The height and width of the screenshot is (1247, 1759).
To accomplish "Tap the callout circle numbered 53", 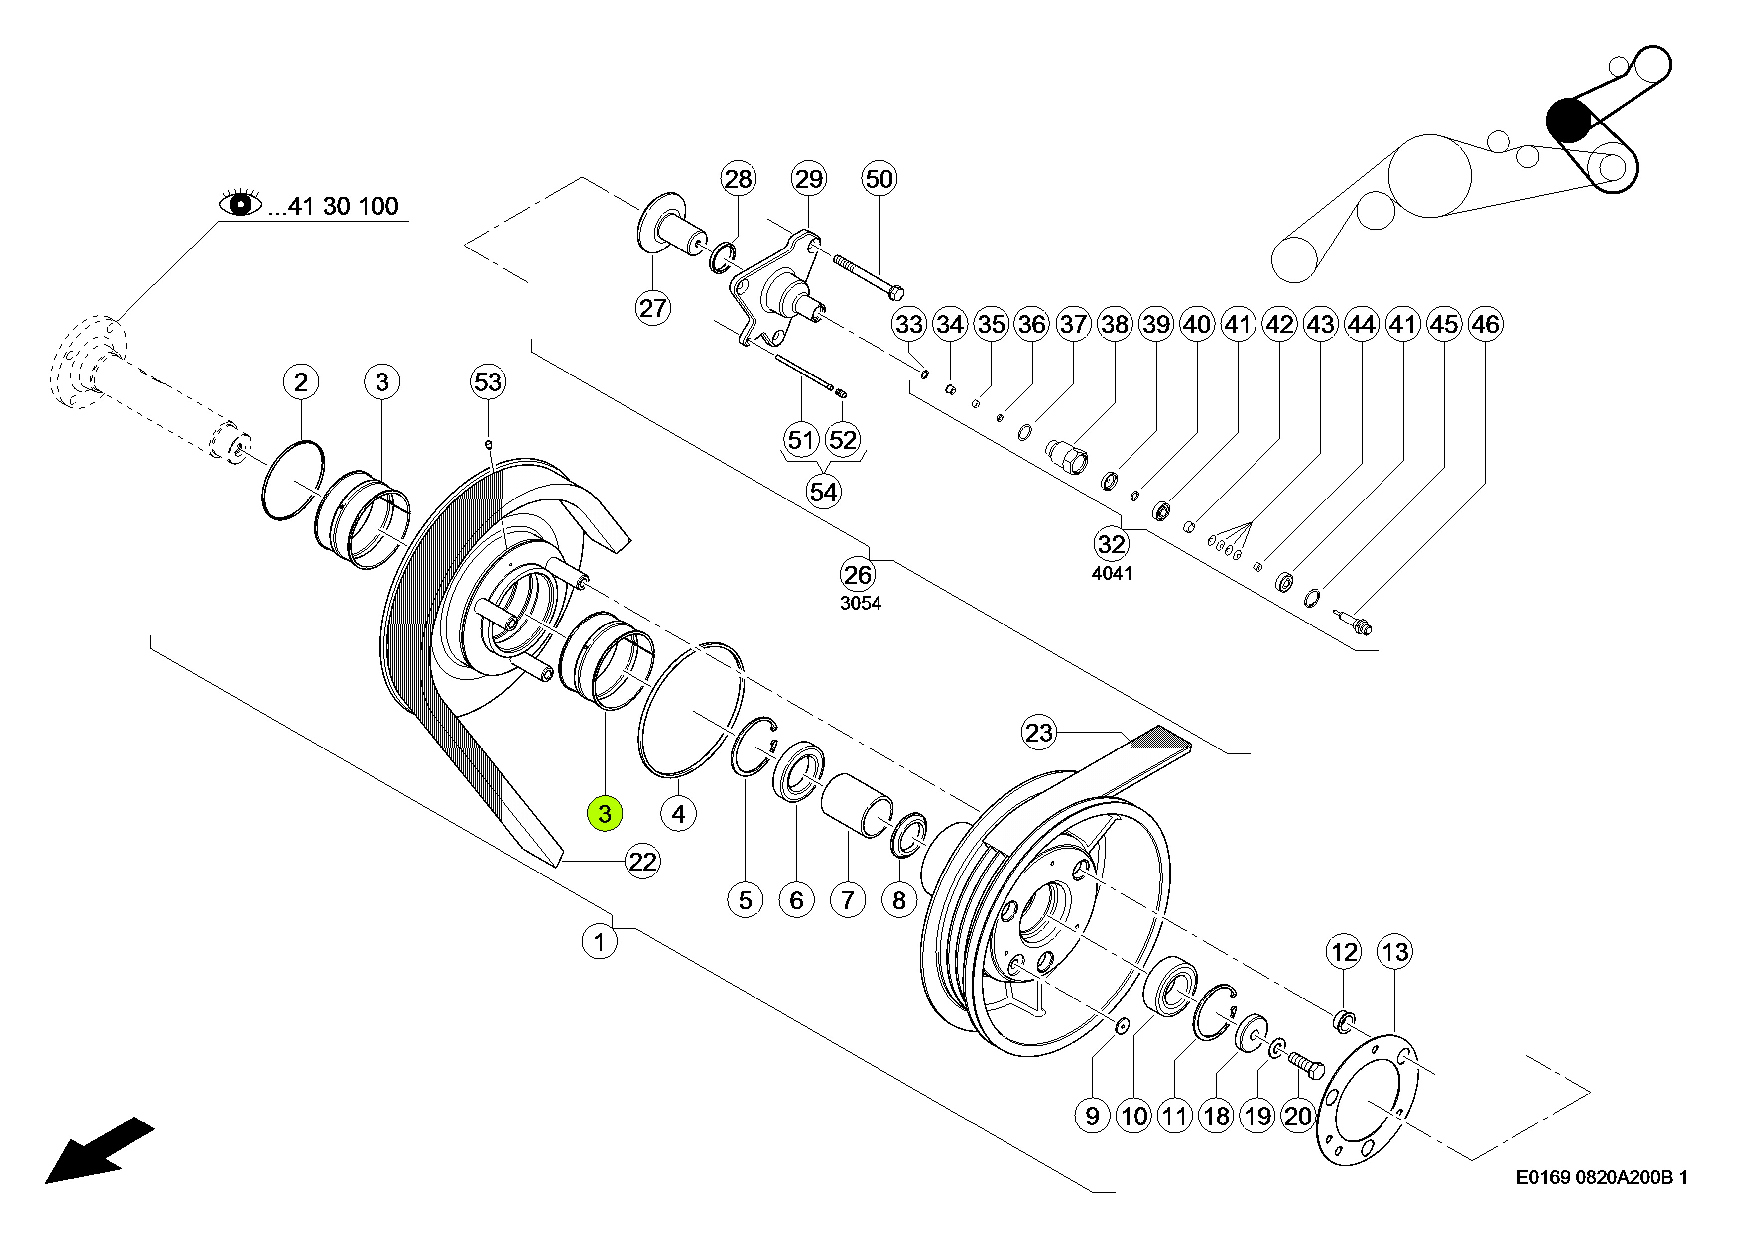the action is pyautogui.click(x=488, y=381).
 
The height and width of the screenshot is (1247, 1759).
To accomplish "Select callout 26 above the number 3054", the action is pyautogui.click(x=858, y=574).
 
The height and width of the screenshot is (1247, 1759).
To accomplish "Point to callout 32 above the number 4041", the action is pyautogui.click(x=1111, y=544).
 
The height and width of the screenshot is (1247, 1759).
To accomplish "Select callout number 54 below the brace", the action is pyautogui.click(x=823, y=492).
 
